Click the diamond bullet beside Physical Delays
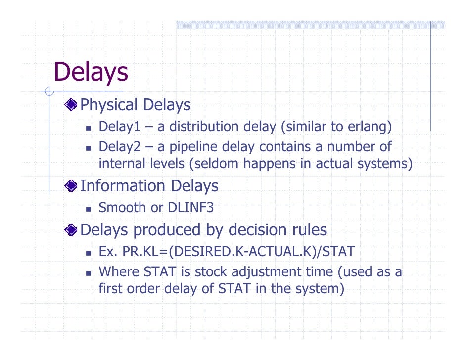coord(72,104)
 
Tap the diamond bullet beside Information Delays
coord(72,186)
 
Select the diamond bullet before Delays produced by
coord(72,230)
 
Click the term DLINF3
coord(191,208)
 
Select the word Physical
coord(108,104)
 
